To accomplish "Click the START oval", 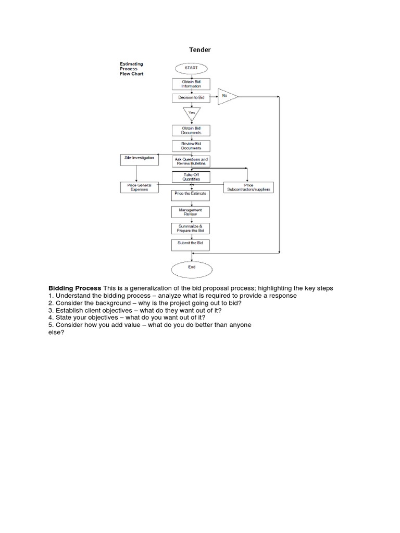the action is (191, 68).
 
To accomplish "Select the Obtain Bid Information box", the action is (191, 84).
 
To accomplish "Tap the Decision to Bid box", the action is (191, 98).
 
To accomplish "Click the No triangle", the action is (227, 96).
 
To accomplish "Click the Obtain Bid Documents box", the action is (191, 131).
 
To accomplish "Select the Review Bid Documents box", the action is (191, 146).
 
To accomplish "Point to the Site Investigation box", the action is (140, 160).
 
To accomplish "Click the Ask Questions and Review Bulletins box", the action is (191, 161).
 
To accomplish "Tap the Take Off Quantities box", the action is (191, 177).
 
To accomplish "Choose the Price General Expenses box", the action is (140, 187).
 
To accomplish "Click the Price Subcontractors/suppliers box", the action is (248, 187).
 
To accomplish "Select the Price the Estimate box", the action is (191, 196).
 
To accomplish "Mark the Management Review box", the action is (191, 212).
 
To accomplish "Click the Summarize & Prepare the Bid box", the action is (191, 229).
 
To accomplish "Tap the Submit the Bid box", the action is (191, 245).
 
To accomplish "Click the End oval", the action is (192, 270).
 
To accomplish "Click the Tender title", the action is (200, 50).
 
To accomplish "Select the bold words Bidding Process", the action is (75, 288).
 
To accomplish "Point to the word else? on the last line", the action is (56, 332).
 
